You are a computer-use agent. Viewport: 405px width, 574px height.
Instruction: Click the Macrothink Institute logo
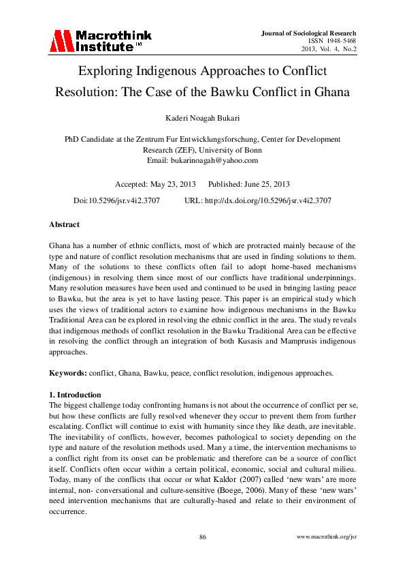pyautogui.click(x=100, y=41)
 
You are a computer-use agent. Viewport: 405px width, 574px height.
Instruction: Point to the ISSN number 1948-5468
pyautogui.click(x=338, y=41)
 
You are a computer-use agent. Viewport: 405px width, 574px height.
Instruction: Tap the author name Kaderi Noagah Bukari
pyautogui.click(x=202, y=119)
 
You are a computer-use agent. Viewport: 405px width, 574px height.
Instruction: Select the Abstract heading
pyautogui.click(x=64, y=224)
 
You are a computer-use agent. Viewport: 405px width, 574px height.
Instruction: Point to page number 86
pyautogui.click(x=202, y=537)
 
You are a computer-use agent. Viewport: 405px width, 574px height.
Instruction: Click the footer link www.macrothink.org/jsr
pyautogui.click(x=327, y=537)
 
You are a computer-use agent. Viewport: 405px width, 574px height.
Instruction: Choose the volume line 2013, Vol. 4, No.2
pyautogui.click(x=329, y=49)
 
